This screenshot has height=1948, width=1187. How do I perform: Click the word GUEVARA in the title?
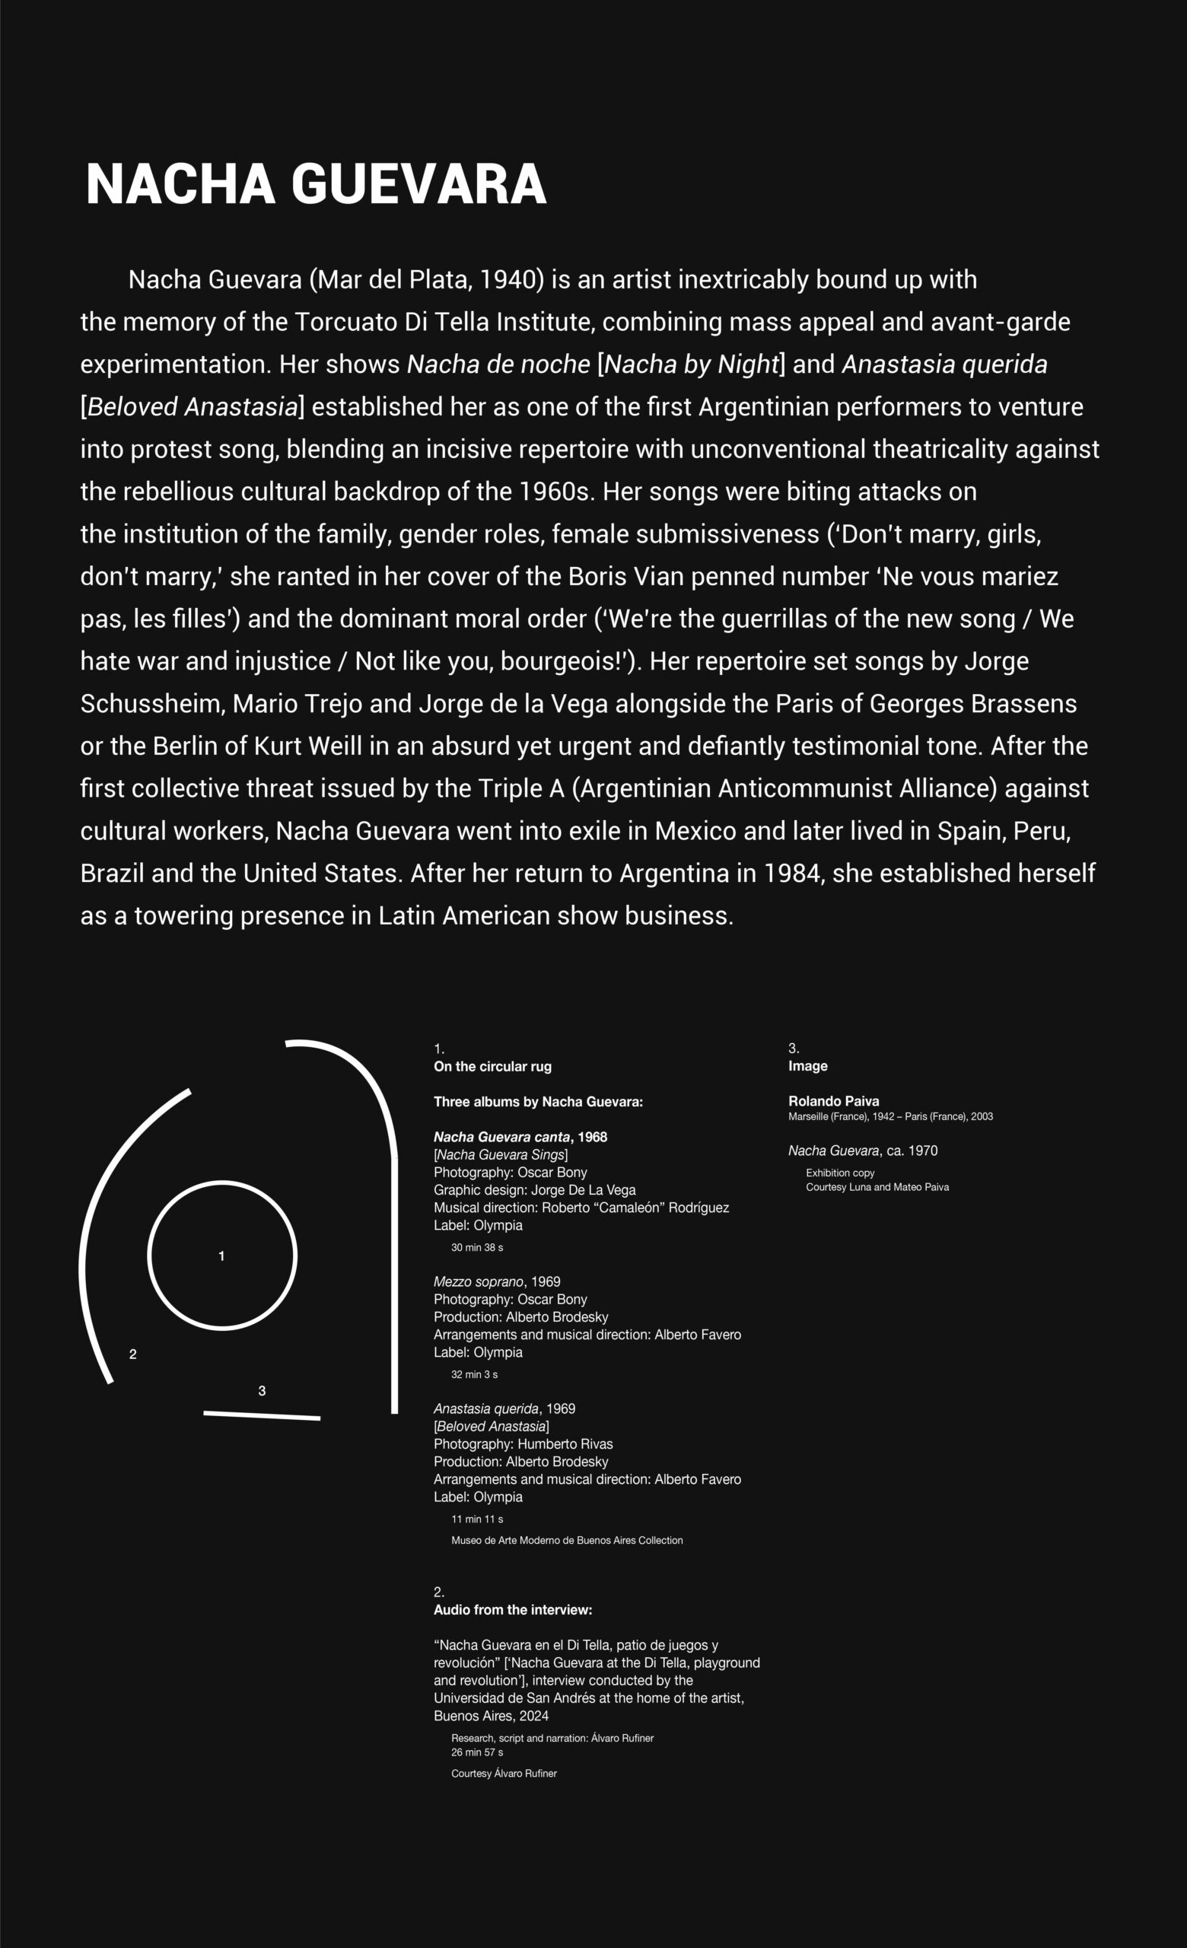(x=418, y=184)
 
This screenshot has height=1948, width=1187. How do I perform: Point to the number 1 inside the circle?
(x=221, y=1256)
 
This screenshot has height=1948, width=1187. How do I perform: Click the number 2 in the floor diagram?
(x=132, y=1354)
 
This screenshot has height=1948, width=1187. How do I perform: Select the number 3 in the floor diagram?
(x=262, y=1391)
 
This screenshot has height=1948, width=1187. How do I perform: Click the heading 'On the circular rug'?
(x=492, y=1067)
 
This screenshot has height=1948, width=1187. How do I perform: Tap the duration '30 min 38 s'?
(x=476, y=1247)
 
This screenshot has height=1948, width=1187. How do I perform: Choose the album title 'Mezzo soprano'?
(x=478, y=1281)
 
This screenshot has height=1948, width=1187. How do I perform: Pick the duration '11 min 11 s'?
(x=476, y=1519)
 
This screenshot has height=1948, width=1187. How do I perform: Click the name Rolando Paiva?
(x=833, y=1101)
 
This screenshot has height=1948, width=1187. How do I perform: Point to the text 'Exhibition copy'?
(x=839, y=1173)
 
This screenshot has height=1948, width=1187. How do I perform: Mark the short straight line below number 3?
(x=262, y=1415)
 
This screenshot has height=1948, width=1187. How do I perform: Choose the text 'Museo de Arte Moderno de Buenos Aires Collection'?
(x=567, y=1540)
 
